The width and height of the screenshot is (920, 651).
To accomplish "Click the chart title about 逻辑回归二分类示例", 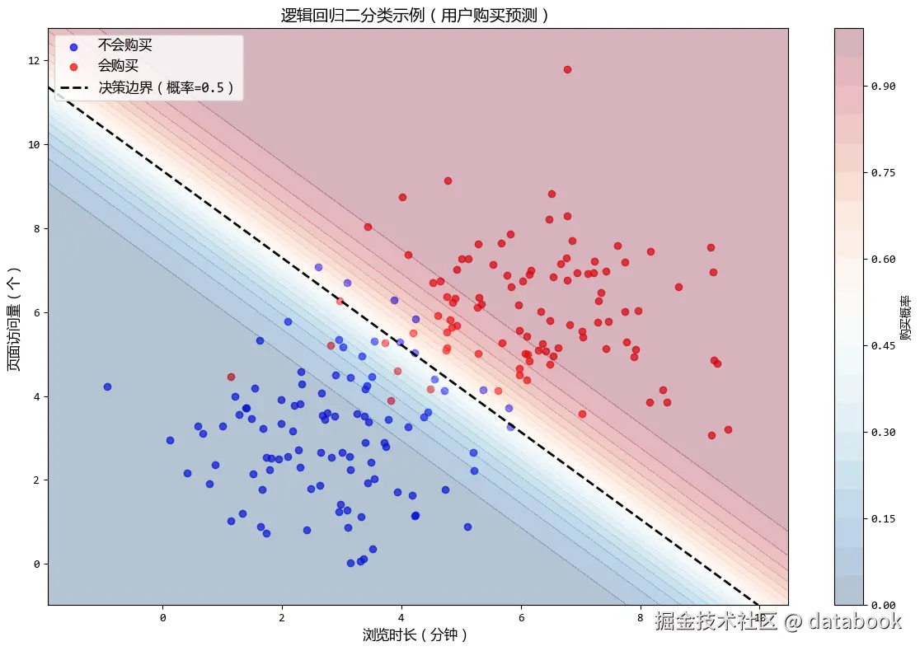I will point(415,15).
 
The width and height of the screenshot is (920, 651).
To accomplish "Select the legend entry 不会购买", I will point(124,45).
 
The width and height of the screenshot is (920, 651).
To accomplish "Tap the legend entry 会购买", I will point(118,66).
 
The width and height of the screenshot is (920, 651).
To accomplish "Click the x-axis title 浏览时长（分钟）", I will point(415,635).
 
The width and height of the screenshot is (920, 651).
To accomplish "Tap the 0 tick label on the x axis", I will point(162,617).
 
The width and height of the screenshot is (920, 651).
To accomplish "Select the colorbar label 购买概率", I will point(906,318).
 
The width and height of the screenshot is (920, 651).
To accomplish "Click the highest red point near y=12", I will point(567,69).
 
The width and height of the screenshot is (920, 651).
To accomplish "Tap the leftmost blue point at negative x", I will point(107,386).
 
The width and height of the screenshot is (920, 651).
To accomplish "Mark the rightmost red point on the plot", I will point(728,429).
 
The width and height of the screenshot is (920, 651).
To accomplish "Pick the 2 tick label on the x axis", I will point(282,617).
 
